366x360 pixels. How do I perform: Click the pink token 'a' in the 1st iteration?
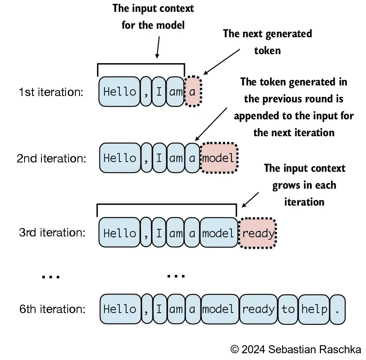(193, 91)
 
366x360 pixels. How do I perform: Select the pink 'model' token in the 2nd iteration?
(219, 158)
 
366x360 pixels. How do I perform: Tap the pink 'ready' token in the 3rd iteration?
(257, 233)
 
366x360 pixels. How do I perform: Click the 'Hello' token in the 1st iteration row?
(119, 91)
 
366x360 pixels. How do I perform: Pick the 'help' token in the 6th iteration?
(314, 309)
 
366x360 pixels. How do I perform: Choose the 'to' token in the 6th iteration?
(288, 309)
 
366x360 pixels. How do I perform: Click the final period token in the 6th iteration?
(338, 309)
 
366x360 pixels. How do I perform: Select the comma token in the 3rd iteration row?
(146, 232)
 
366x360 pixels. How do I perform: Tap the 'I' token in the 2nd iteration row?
(160, 158)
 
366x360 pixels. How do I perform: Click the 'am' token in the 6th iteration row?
(176, 309)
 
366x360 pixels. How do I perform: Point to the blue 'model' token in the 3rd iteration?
(219, 232)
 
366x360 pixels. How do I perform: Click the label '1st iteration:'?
(51, 92)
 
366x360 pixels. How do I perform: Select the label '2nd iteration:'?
(52, 158)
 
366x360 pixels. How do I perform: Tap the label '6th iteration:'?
(52, 309)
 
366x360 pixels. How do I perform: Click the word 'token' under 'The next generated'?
(267, 51)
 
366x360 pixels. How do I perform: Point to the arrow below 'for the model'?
(158, 47)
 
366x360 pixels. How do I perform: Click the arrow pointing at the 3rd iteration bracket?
(250, 200)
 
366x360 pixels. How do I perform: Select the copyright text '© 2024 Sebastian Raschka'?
(296, 349)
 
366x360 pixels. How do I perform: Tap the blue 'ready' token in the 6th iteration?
(259, 309)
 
